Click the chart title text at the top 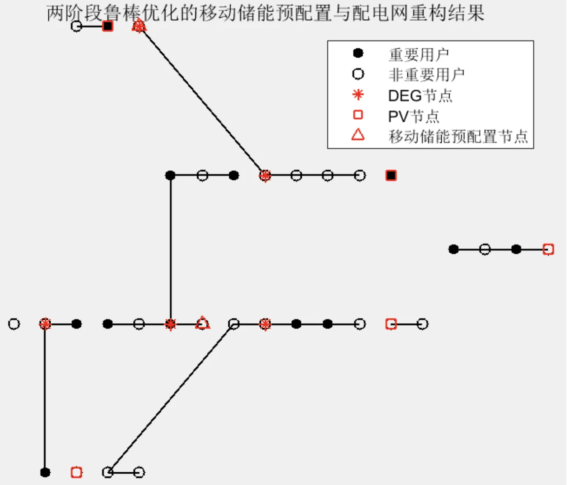(265, 13)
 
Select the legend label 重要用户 (418, 55)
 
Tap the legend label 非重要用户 (426, 75)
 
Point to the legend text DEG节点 (420, 95)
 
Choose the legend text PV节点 (413, 116)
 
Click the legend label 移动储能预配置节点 (458, 136)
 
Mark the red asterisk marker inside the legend (358, 95)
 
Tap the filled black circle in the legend (358, 53)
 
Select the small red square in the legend (358, 115)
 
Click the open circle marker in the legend (358, 74)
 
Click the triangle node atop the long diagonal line (139, 26)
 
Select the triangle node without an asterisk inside (202, 323)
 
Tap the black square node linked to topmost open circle (108, 26)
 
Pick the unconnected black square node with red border (391, 175)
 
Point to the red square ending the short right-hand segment (548, 249)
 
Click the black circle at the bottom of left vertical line (45, 472)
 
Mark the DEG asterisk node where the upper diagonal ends (265, 175)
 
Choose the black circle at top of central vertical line (170, 175)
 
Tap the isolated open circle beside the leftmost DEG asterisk (14, 324)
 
